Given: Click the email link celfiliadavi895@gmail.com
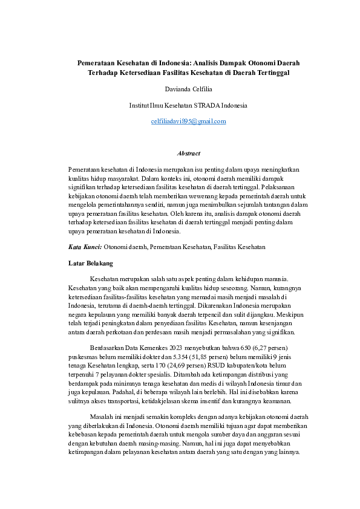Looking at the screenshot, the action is [x=188, y=122].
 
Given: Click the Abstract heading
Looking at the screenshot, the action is [x=188, y=154].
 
